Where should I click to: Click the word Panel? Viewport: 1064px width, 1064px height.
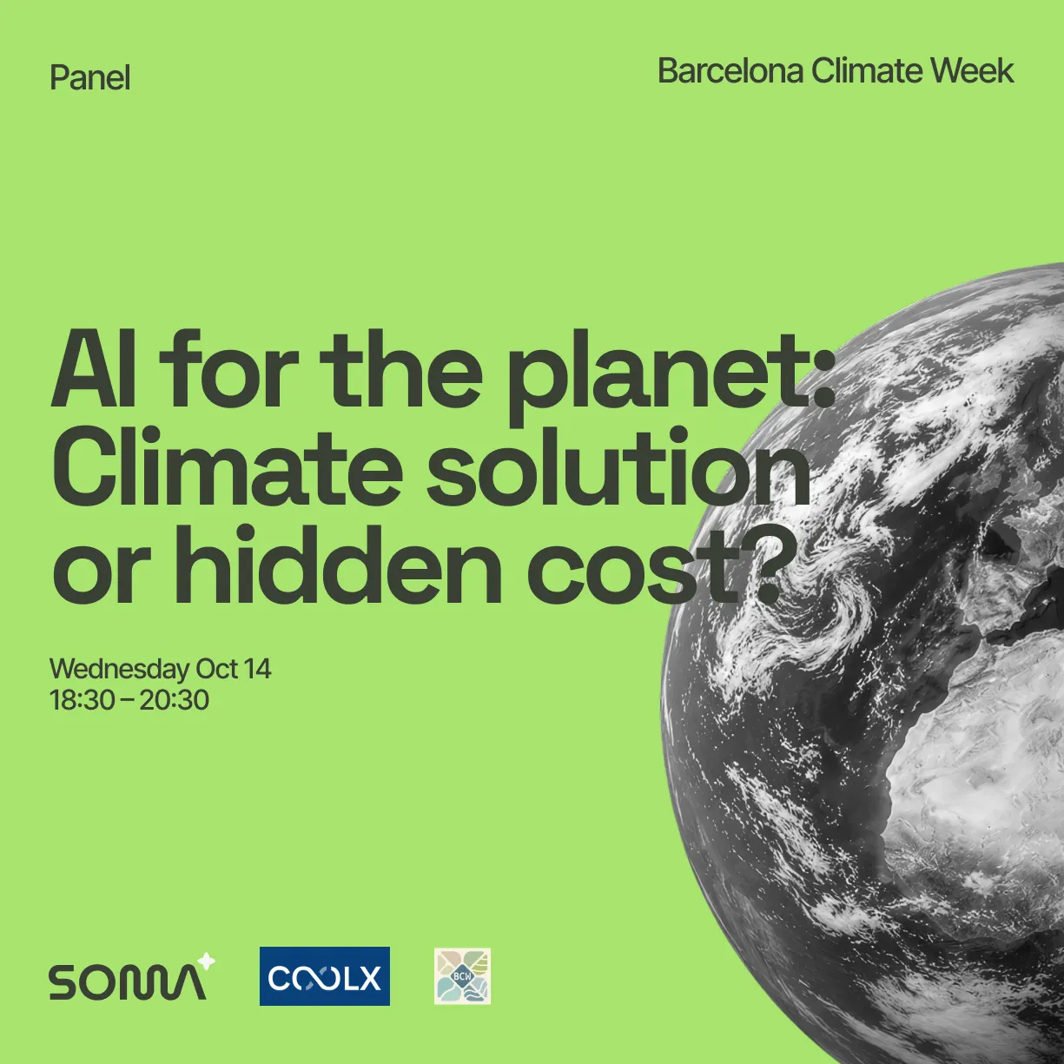[90, 78]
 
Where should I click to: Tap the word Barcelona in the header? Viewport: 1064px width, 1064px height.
[730, 71]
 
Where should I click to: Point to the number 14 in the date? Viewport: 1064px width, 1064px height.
[257, 669]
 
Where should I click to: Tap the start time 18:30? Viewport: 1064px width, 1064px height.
[82, 700]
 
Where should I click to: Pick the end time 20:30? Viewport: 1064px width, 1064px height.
[175, 700]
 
